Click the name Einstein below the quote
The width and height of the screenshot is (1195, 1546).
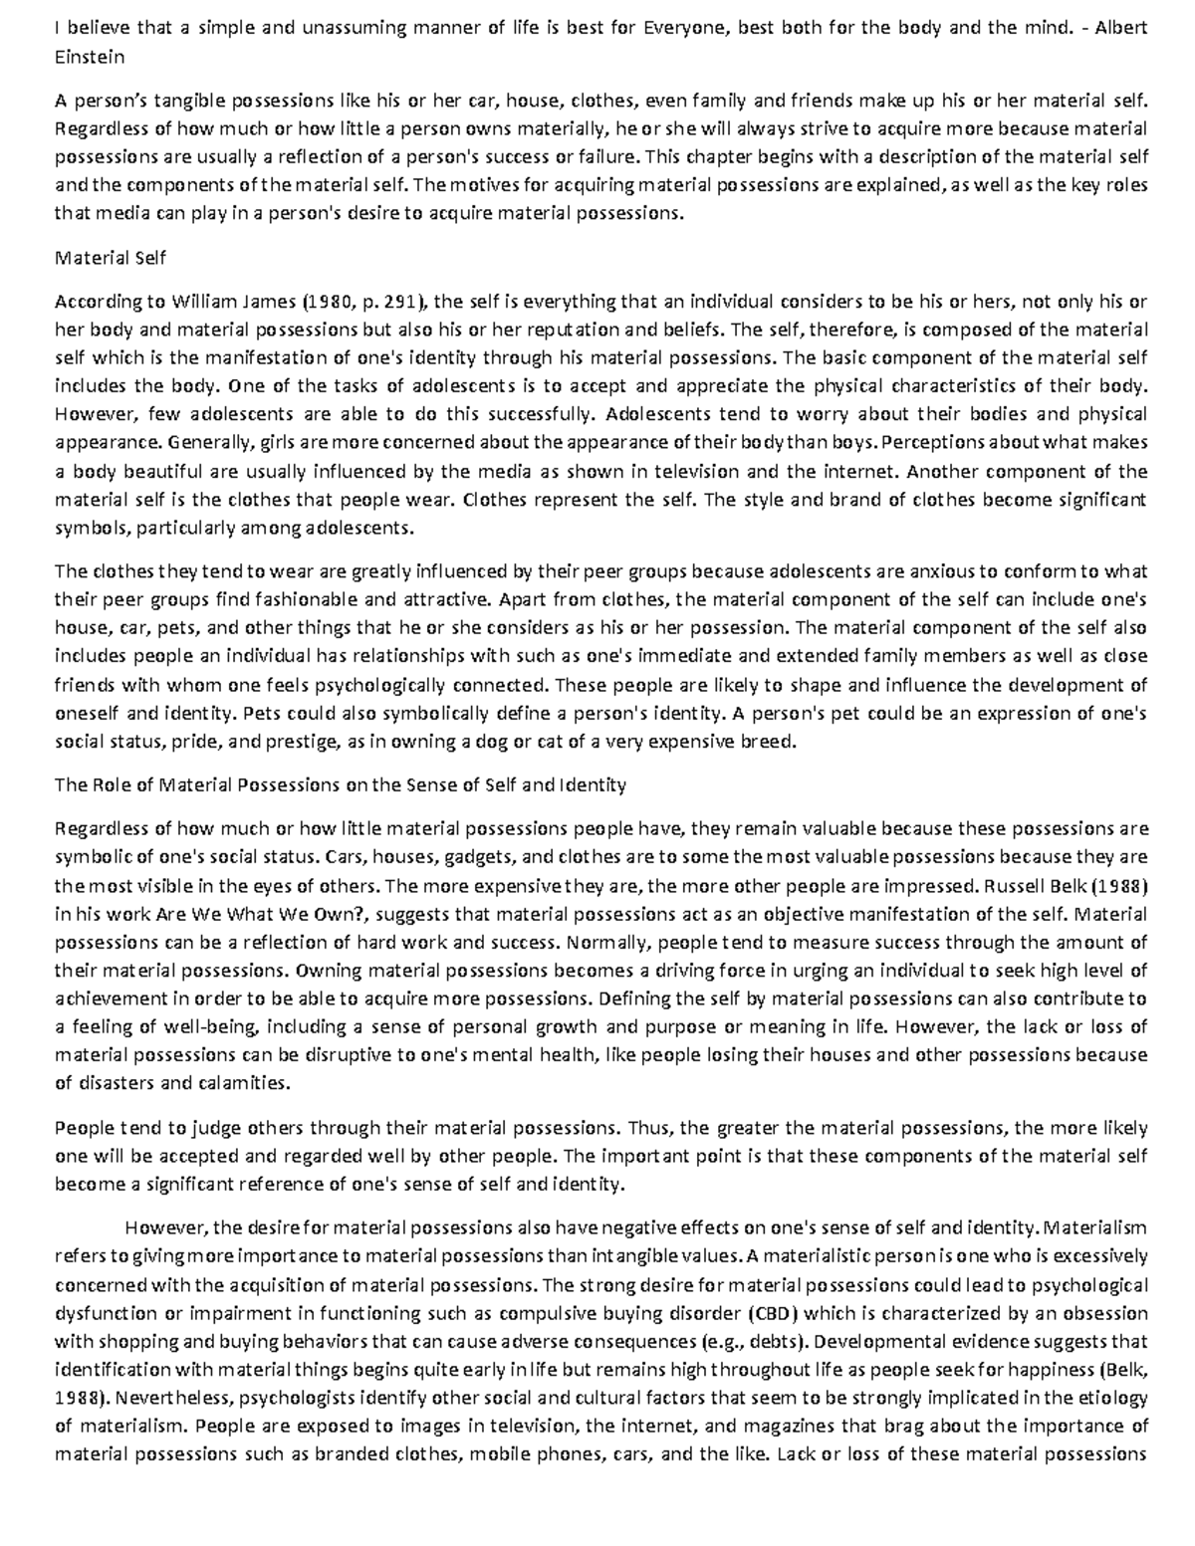(90, 57)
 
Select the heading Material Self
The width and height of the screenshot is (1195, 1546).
(110, 258)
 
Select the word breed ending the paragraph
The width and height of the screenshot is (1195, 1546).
(771, 742)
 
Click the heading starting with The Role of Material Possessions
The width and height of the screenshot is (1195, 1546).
(341, 784)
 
